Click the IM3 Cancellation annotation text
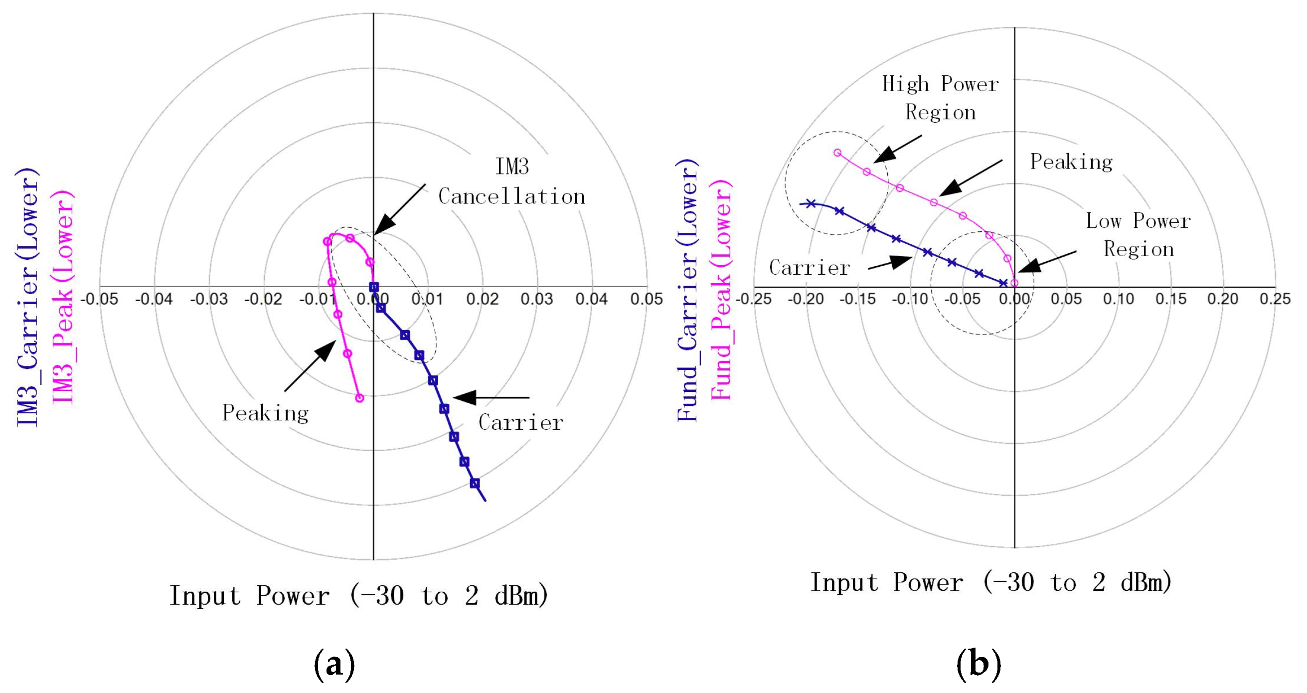511,181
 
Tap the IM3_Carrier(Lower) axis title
27,297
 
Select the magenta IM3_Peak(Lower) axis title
63,297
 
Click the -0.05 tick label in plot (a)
100,299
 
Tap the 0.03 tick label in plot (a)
537,299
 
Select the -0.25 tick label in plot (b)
754,299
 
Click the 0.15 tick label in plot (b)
1171,299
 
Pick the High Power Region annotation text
941,98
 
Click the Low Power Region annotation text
1139,235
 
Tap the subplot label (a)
334,664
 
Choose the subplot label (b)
979,664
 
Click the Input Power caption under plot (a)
359,596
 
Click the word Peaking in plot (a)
265,413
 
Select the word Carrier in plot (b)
809,267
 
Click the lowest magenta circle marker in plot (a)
359,398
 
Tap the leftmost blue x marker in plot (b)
811,203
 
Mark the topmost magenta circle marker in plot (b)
837,153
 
